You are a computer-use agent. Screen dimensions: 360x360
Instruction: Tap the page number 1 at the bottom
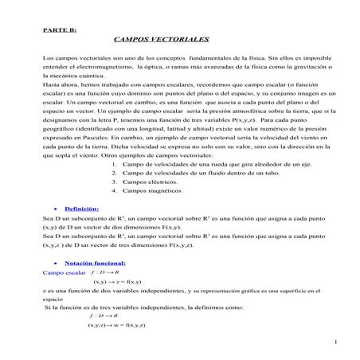[337, 342]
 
